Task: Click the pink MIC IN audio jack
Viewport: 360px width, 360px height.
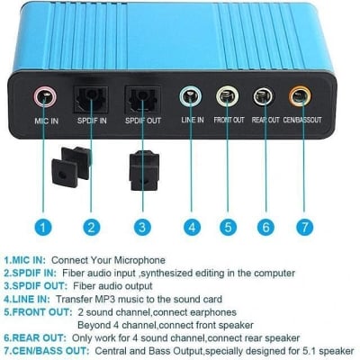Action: [x=45, y=96]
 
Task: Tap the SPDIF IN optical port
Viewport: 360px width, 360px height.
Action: [x=91, y=98]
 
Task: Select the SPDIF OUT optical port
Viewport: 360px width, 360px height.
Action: [x=142, y=98]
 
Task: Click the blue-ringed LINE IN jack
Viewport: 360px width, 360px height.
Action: [x=191, y=96]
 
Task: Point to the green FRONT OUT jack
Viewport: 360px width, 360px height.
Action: [x=227, y=96]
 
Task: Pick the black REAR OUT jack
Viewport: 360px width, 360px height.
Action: [x=263, y=96]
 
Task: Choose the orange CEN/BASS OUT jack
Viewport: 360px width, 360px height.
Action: [x=300, y=96]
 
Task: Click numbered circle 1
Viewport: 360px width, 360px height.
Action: [x=43, y=227]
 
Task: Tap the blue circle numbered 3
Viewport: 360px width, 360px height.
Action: [x=142, y=227]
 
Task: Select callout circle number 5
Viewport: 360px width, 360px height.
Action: [x=228, y=227]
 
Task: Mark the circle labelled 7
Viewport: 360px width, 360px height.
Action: [x=304, y=227]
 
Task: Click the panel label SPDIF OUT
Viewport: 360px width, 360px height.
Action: [x=143, y=121]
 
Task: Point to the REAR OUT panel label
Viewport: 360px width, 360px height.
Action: [x=265, y=120]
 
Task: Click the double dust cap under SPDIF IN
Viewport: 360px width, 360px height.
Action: [x=71, y=166]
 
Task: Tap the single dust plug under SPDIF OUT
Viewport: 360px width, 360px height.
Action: [x=144, y=170]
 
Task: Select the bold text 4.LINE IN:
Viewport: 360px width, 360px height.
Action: [x=27, y=299]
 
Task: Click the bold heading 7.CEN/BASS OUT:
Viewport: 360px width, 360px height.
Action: [x=47, y=351]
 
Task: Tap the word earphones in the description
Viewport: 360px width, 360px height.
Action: [x=213, y=312]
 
